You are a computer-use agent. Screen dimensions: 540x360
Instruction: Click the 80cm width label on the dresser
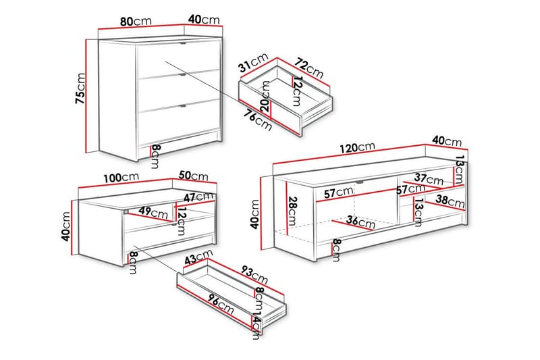(x=136, y=22)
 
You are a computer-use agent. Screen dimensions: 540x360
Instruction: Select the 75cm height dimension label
(x=80, y=88)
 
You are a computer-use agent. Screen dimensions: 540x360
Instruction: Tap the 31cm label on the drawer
(x=254, y=62)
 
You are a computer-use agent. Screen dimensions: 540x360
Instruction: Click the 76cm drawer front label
(x=259, y=119)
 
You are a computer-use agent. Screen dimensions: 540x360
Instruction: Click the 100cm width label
(x=122, y=178)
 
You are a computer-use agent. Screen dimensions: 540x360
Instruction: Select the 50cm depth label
(x=194, y=176)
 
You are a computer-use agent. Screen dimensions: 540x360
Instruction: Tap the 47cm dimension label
(x=198, y=197)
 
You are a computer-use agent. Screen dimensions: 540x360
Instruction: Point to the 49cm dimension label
(x=153, y=211)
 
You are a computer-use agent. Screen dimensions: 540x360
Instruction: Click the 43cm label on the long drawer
(x=198, y=257)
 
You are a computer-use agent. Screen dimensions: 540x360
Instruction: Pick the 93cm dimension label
(x=254, y=273)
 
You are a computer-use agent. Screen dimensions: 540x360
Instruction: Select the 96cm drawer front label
(x=221, y=303)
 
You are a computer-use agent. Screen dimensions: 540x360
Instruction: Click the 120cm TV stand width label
(x=357, y=147)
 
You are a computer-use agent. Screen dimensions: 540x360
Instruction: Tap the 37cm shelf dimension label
(x=429, y=179)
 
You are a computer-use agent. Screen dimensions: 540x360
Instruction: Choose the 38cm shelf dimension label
(x=450, y=201)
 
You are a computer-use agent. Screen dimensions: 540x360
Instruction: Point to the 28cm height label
(x=292, y=211)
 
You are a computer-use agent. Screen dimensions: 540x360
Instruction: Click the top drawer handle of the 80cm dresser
(x=182, y=43)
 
